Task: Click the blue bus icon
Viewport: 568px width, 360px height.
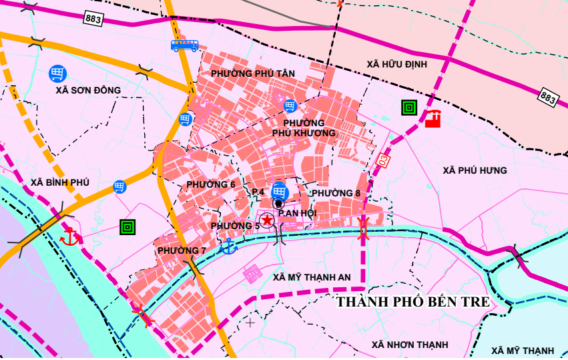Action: (x=185, y=45)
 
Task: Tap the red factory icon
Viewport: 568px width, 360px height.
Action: (x=433, y=118)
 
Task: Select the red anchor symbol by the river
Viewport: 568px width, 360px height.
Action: (x=69, y=235)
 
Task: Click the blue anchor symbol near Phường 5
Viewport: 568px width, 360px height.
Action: (x=228, y=246)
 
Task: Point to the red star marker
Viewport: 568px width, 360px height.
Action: (x=266, y=220)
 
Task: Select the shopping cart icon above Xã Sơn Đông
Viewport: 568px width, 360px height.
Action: (x=57, y=73)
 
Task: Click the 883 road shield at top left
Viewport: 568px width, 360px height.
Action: (x=93, y=19)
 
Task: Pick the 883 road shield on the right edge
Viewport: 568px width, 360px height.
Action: (x=548, y=97)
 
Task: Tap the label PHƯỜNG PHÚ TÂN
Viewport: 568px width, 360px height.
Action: (x=252, y=73)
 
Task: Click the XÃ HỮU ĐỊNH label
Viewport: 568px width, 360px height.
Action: (x=396, y=63)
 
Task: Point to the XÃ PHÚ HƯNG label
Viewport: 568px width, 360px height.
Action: (x=475, y=170)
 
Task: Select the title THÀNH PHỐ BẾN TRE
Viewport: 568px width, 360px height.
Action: (x=412, y=302)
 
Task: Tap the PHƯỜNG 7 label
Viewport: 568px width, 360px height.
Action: (x=182, y=250)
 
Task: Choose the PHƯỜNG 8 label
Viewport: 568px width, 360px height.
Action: (x=336, y=193)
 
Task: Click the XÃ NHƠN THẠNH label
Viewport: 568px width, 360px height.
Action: (x=410, y=345)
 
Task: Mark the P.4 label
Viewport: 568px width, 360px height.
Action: (x=258, y=192)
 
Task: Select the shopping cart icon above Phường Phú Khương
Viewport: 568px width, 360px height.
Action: (x=290, y=106)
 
